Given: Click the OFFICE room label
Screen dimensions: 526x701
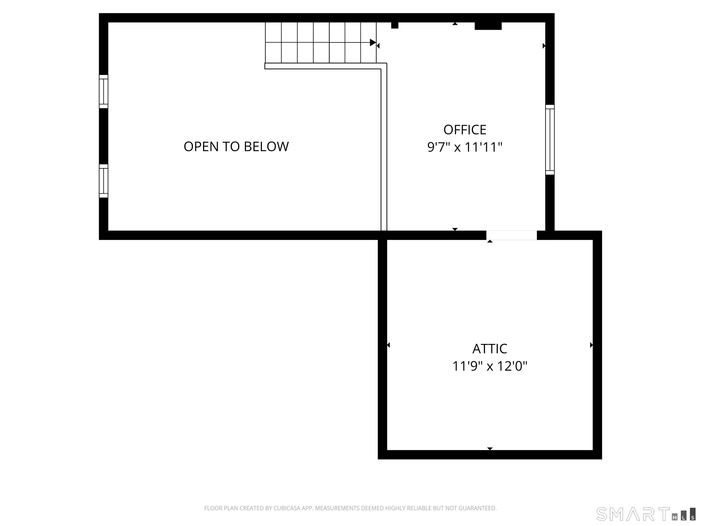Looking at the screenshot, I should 465,130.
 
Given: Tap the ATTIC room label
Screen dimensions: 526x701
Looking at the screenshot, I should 490,349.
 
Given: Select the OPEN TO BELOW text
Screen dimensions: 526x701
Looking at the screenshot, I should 236,147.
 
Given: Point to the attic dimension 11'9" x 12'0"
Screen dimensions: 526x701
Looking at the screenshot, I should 490,366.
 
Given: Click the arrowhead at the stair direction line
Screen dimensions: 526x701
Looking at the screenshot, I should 373,42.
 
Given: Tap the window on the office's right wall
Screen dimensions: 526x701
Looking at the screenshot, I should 550,140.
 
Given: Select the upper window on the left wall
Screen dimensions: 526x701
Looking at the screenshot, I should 104,92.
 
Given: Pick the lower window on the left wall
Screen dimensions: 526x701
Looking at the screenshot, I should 104,181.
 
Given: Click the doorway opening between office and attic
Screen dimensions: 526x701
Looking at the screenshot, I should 512,235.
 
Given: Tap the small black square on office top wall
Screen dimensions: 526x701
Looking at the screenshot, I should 395,25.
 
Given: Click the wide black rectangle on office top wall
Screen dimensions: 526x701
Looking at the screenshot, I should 488,26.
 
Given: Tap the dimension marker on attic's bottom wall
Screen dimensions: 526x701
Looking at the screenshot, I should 490,448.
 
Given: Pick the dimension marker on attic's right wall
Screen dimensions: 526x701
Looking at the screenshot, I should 591,345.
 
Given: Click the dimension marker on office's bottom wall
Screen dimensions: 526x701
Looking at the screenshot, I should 455,229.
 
